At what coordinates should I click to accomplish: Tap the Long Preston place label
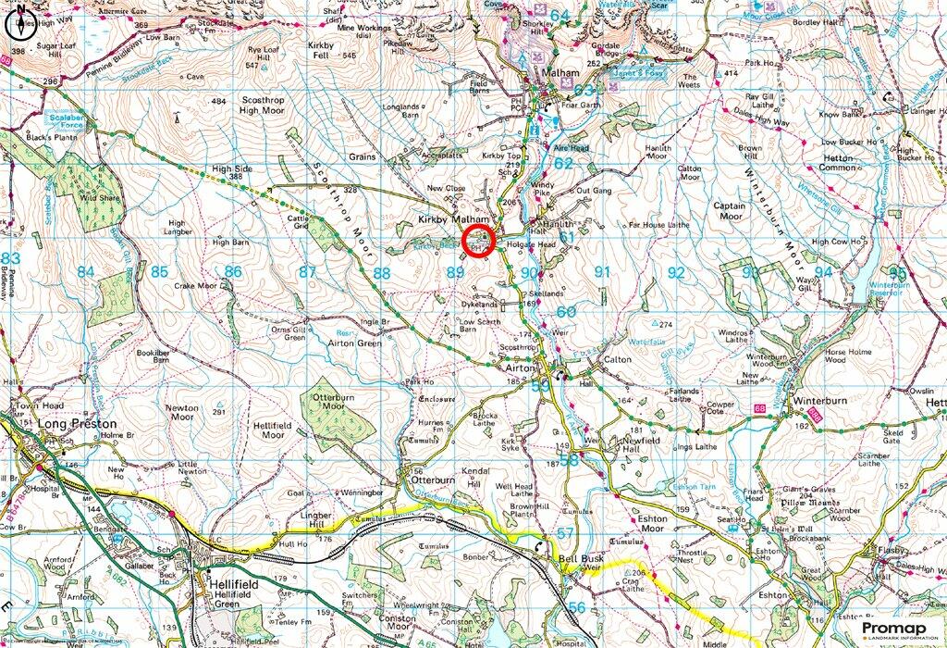pos(79,423)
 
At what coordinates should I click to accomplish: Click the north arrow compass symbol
pos(20,24)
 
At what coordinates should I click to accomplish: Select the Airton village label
pos(521,368)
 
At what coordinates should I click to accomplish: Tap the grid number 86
pos(234,272)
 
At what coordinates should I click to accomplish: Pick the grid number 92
pos(677,272)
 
